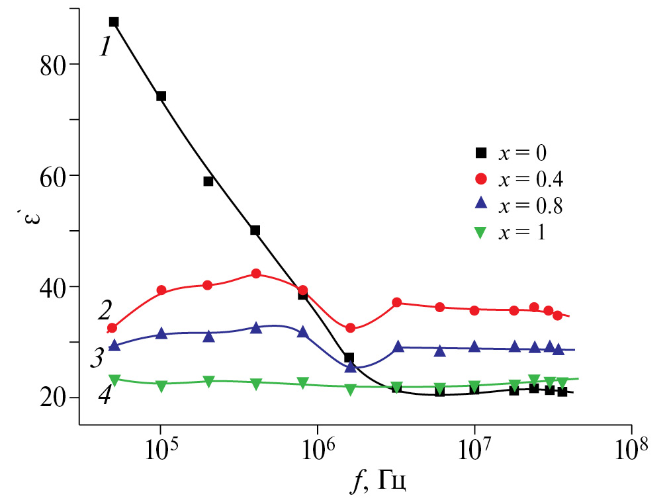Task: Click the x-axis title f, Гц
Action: [x=379, y=481]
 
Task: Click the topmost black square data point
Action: [x=113, y=22]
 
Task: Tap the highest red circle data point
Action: [x=256, y=274]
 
